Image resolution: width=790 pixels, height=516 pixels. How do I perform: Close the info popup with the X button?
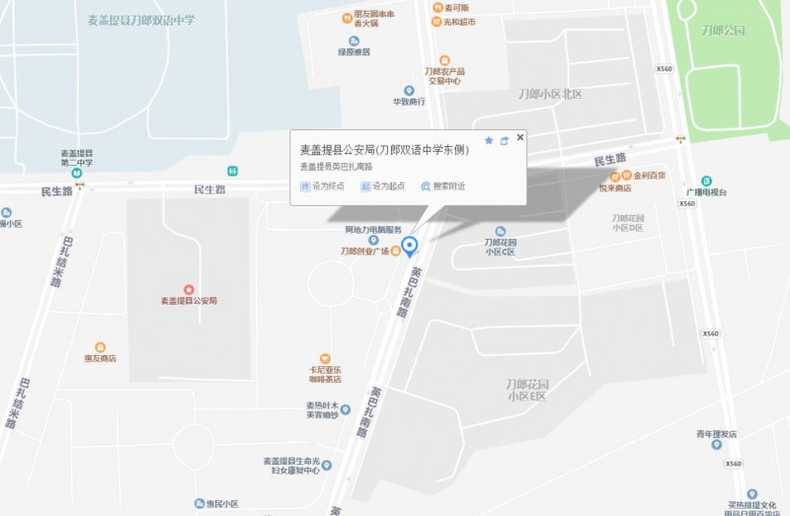[x=520, y=137]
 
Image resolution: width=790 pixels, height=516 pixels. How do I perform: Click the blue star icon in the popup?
[x=488, y=140]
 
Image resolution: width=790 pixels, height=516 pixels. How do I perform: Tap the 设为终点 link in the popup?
[x=323, y=185]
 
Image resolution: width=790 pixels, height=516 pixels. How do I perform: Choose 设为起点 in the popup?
[x=383, y=185]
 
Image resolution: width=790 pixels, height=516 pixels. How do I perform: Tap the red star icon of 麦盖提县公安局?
[x=189, y=288]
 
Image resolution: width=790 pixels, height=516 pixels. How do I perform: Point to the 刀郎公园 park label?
[x=721, y=31]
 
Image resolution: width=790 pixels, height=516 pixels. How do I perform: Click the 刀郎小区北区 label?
[x=551, y=94]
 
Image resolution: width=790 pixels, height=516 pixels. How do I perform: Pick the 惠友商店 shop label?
[x=100, y=358]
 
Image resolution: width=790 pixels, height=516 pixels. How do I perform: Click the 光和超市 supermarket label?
[x=458, y=21]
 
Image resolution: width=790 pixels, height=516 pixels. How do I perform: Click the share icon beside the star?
[x=504, y=140]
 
